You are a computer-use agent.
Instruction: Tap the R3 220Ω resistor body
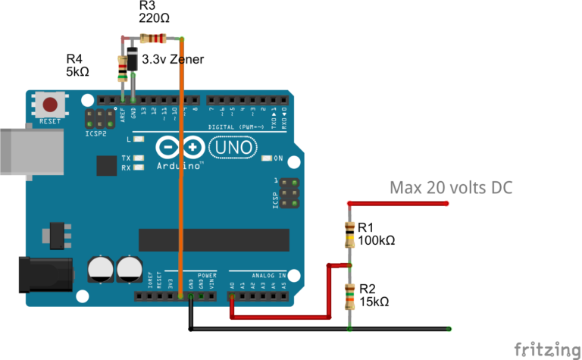coord(154,39)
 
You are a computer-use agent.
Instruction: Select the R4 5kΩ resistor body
coord(122,68)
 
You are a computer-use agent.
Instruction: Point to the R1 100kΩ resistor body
coord(349,235)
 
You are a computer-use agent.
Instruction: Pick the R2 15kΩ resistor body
coord(349,296)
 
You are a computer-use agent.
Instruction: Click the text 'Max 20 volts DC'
coord(451,187)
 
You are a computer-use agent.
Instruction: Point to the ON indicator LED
coord(265,159)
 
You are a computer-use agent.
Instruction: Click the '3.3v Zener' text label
coord(174,59)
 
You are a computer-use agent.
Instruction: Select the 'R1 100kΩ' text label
coord(377,234)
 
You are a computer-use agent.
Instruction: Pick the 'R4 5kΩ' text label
coord(79,65)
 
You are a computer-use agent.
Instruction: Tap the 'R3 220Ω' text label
coord(154,13)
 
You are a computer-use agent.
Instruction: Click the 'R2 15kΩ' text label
coord(374,295)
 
